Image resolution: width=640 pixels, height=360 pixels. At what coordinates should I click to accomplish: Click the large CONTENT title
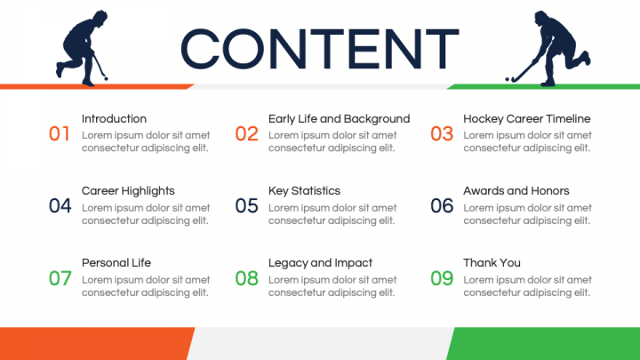tap(320, 49)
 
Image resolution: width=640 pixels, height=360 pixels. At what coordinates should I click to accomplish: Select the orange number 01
tap(60, 134)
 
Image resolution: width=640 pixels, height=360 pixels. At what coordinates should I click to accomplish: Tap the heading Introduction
tap(114, 119)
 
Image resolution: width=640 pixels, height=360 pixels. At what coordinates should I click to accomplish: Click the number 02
tap(246, 134)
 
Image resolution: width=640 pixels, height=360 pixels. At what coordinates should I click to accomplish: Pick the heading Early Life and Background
tap(340, 119)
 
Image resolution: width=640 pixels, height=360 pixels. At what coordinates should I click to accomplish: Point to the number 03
tap(442, 134)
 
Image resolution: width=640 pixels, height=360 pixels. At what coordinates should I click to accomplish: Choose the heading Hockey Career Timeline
tap(527, 119)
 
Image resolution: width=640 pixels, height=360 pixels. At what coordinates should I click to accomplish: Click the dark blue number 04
tap(60, 205)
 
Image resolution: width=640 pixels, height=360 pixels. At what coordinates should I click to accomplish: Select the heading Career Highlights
tap(128, 191)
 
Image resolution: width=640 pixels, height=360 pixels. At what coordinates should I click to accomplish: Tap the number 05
tap(246, 205)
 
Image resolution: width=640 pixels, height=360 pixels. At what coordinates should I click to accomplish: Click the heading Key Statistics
tap(305, 191)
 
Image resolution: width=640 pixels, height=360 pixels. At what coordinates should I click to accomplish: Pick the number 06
tap(442, 205)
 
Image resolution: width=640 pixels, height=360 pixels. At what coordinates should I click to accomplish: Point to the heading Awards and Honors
tap(516, 191)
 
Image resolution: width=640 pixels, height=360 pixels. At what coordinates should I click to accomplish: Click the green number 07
tap(60, 278)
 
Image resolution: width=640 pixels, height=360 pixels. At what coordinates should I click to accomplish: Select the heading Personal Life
tap(116, 263)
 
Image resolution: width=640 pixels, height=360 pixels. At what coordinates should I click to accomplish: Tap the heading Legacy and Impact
tap(320, 263)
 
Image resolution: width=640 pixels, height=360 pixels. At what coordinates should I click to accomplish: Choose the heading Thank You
tap(492, 263)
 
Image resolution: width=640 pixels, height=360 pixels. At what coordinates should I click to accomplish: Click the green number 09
tap(442, 278)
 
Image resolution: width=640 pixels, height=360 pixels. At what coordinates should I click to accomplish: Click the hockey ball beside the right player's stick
tap(508, 79)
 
